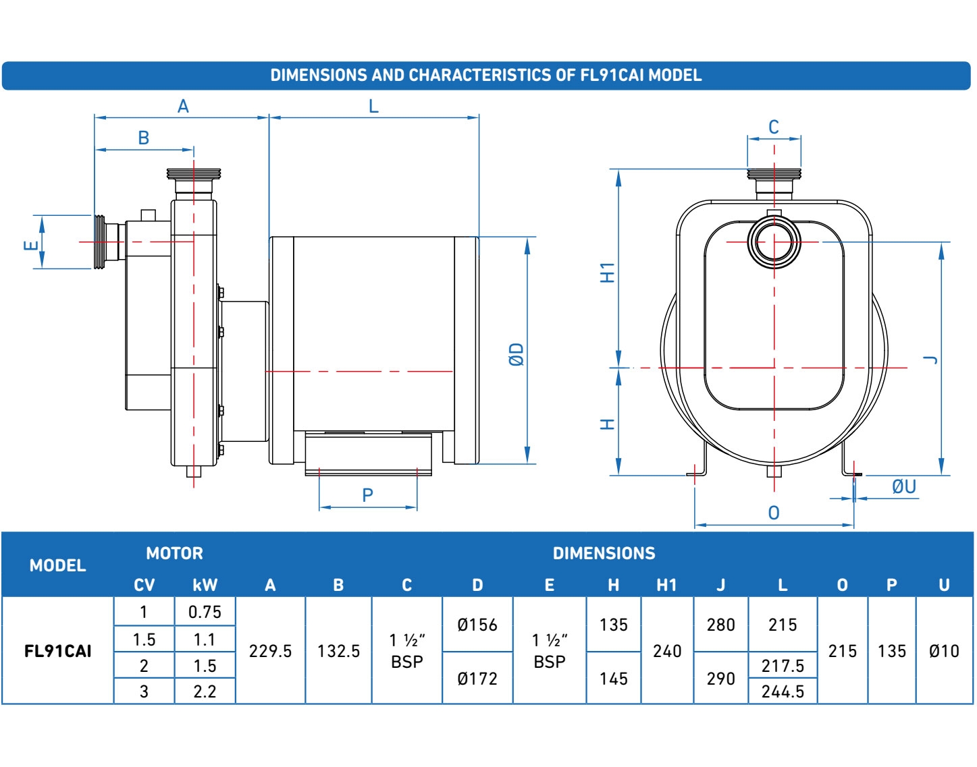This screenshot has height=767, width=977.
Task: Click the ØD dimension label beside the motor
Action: point(517,354)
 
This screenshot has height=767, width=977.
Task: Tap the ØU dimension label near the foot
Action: point(903,486)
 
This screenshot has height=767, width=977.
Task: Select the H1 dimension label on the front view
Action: point(608,273)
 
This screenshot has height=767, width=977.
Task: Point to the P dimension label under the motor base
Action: point(367,496)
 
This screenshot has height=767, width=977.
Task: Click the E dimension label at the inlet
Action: point(31,245)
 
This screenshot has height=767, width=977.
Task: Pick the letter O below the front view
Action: point(774,513)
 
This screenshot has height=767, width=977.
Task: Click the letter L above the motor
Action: point(373,107)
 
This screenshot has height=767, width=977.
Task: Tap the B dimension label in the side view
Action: point(143,138)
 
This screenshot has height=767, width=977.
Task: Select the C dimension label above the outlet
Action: point(774,127)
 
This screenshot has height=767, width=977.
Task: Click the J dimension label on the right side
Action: point(931,360)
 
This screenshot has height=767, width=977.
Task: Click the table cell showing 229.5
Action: point(270,651)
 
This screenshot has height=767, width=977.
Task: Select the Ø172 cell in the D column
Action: point(477,679)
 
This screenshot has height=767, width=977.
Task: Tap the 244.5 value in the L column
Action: point(783,691)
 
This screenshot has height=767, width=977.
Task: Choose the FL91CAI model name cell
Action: point(58,651)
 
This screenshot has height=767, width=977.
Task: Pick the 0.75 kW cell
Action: point(205,612)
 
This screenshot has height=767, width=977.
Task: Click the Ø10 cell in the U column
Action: point(944,651)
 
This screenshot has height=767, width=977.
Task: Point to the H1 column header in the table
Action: point(666,585)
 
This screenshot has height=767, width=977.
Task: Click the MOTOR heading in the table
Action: point(174,554)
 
